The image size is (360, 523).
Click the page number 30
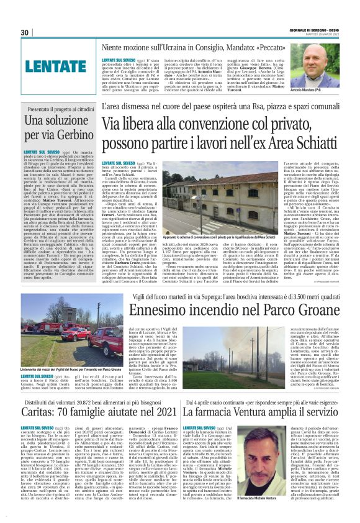25,32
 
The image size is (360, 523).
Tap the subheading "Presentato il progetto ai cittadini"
57,109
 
